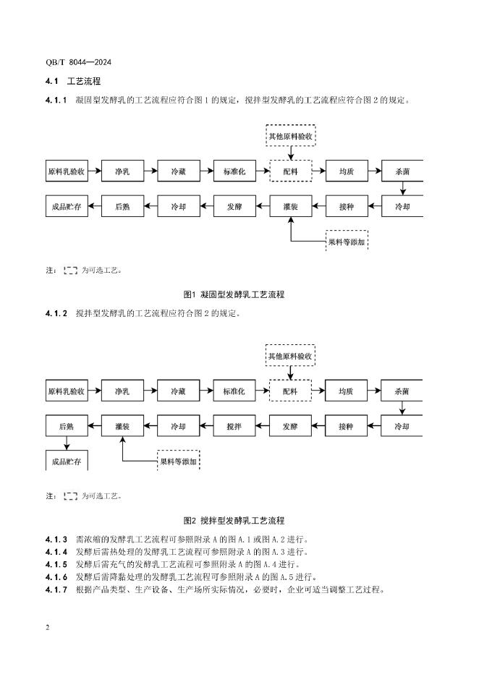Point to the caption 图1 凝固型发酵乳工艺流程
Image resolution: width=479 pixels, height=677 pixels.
(x=235, y=294)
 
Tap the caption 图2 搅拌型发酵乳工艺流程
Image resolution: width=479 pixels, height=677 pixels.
(x=235, y=520)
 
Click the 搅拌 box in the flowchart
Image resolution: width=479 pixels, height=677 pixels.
(x=234, y=427)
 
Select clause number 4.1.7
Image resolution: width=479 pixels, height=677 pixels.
(x=56, y=589)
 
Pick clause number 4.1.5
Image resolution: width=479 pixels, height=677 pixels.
(x=56, y=564)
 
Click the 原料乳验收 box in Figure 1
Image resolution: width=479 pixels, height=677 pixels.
(x=67, y=171)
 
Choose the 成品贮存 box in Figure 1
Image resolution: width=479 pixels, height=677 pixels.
(x=67, y=206)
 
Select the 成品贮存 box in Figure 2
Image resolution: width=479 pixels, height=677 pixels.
(x=67, y=461)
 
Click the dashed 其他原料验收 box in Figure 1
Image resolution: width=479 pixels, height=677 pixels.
(x=291, y=135)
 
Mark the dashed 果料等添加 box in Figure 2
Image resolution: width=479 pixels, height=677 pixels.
(x=179, y=461)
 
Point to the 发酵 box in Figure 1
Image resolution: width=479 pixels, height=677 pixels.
(x=234, y=206)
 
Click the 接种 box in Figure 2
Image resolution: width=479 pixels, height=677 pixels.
(x=347, y=427)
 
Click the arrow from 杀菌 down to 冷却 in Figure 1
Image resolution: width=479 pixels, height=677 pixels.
(x=403, y=189)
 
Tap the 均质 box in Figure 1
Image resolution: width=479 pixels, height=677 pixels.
(x=347, y=171)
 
